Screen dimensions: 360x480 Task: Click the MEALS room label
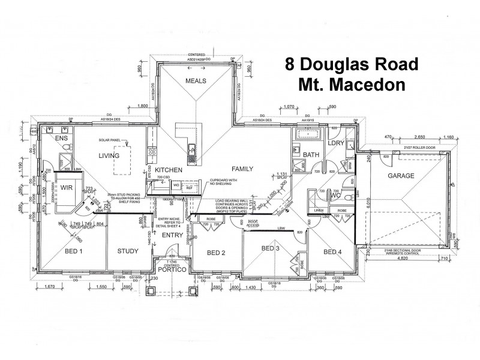coord(196,80)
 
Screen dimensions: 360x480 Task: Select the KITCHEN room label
coord(168,170)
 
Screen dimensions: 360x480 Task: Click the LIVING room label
coord(109,155)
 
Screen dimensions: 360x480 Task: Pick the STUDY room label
coord(128,251)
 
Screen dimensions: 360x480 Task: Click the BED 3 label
coord(270,248)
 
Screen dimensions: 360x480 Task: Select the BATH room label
coord(311,155)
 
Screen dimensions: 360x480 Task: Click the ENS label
coord(62,139)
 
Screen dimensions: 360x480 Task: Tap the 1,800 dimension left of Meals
coord(143,106)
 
